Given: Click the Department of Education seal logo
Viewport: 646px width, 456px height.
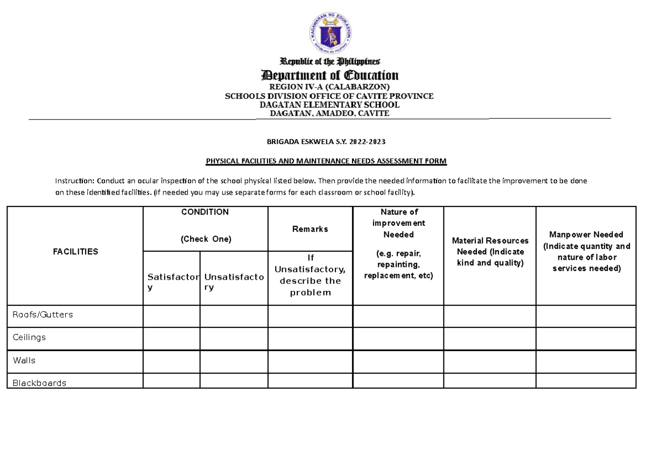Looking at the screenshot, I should [329, 31].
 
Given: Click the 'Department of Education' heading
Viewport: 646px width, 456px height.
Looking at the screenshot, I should [329, 75].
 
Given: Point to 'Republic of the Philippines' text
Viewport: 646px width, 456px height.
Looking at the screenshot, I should [329, 61].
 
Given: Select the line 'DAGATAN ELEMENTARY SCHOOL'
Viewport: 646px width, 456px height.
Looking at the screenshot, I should [329, 105].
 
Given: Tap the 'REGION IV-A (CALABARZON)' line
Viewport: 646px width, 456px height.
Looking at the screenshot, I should [329, 87].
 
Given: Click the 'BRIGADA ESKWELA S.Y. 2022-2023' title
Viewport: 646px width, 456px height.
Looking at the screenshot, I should [327, 142].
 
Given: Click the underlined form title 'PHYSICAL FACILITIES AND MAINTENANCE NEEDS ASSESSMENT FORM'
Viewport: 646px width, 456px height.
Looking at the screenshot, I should [327, 161].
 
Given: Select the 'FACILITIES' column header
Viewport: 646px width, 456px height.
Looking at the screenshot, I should [75, 251].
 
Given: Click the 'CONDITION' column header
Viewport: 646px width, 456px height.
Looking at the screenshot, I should [205, 212].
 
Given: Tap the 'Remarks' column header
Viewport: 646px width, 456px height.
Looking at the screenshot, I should [310, 229].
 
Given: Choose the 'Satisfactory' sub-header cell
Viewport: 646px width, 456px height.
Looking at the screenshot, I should [171, 282].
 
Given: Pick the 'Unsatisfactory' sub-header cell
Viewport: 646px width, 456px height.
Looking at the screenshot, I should [234, 282].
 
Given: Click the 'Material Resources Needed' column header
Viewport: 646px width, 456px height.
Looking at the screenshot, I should [490, 251].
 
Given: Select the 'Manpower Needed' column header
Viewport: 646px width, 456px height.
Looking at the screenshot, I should [586, 251].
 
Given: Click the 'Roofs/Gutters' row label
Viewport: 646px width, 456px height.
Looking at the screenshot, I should [43, 315].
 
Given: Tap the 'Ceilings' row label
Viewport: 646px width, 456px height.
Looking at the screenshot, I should [29, 338].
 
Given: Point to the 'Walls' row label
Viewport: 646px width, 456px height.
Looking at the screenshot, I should [24, 361].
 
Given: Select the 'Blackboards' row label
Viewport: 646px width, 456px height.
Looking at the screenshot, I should [39, 383].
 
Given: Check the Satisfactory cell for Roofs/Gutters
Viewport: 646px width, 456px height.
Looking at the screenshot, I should [171, 316].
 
